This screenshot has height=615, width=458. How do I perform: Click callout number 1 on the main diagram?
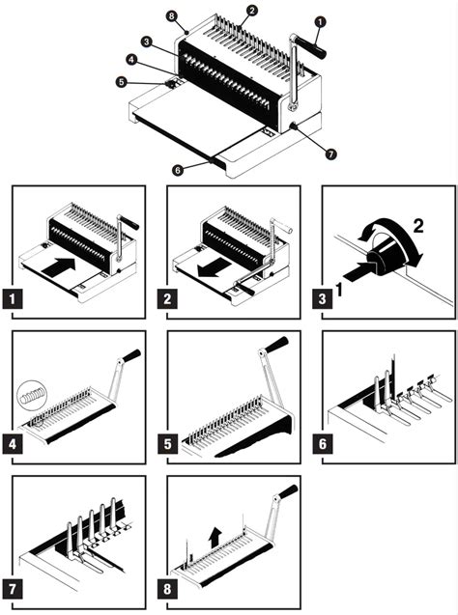(320, 20)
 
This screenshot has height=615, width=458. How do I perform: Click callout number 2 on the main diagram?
(251, 11)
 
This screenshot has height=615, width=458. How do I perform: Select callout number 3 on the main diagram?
(144, 42)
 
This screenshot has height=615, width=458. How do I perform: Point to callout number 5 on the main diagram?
(121, 83)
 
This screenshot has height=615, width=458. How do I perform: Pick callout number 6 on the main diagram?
(177, 170)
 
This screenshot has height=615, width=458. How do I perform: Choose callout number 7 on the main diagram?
(329, 153)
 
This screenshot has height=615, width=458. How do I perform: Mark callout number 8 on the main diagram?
(171, 16)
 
